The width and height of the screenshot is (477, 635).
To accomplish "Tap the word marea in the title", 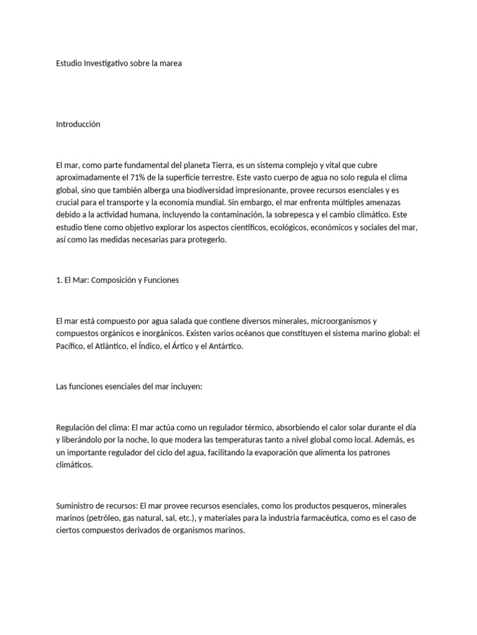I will [x=170, y=63].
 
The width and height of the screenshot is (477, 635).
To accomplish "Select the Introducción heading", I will [x=78, y=124].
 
